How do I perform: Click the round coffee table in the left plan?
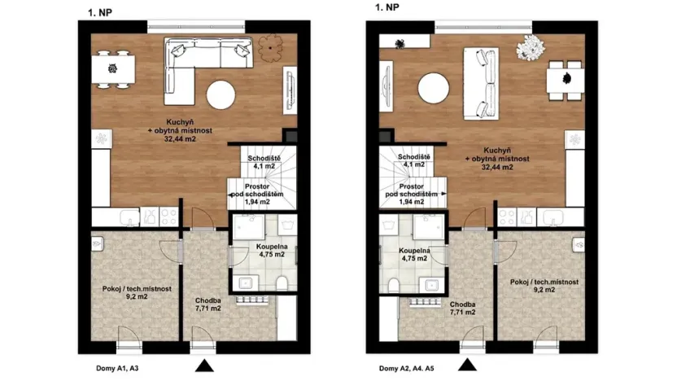222,95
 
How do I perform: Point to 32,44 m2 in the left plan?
179,139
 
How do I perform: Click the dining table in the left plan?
111,68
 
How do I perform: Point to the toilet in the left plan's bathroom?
282,282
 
